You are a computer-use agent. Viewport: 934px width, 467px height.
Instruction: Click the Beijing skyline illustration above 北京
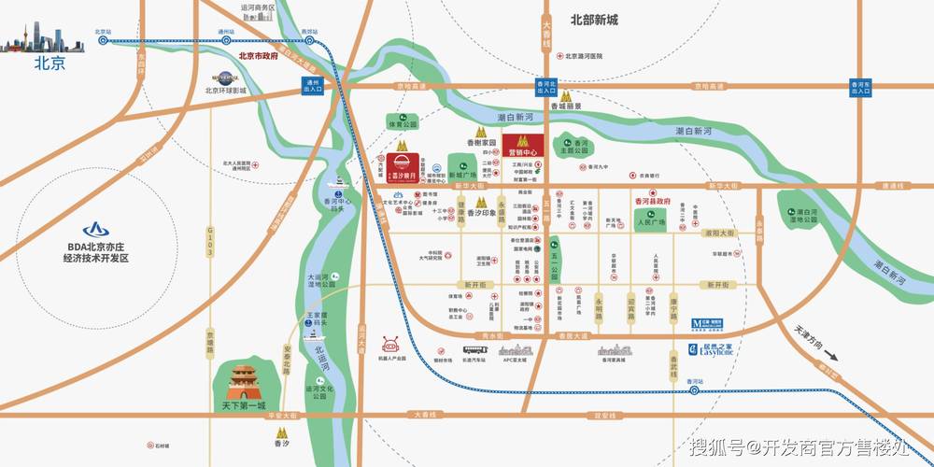36,41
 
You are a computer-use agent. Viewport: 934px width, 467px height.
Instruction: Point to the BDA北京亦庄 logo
95,229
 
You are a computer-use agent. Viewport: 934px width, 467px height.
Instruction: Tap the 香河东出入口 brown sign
860,87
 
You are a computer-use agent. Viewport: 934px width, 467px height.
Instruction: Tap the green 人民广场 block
648,223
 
